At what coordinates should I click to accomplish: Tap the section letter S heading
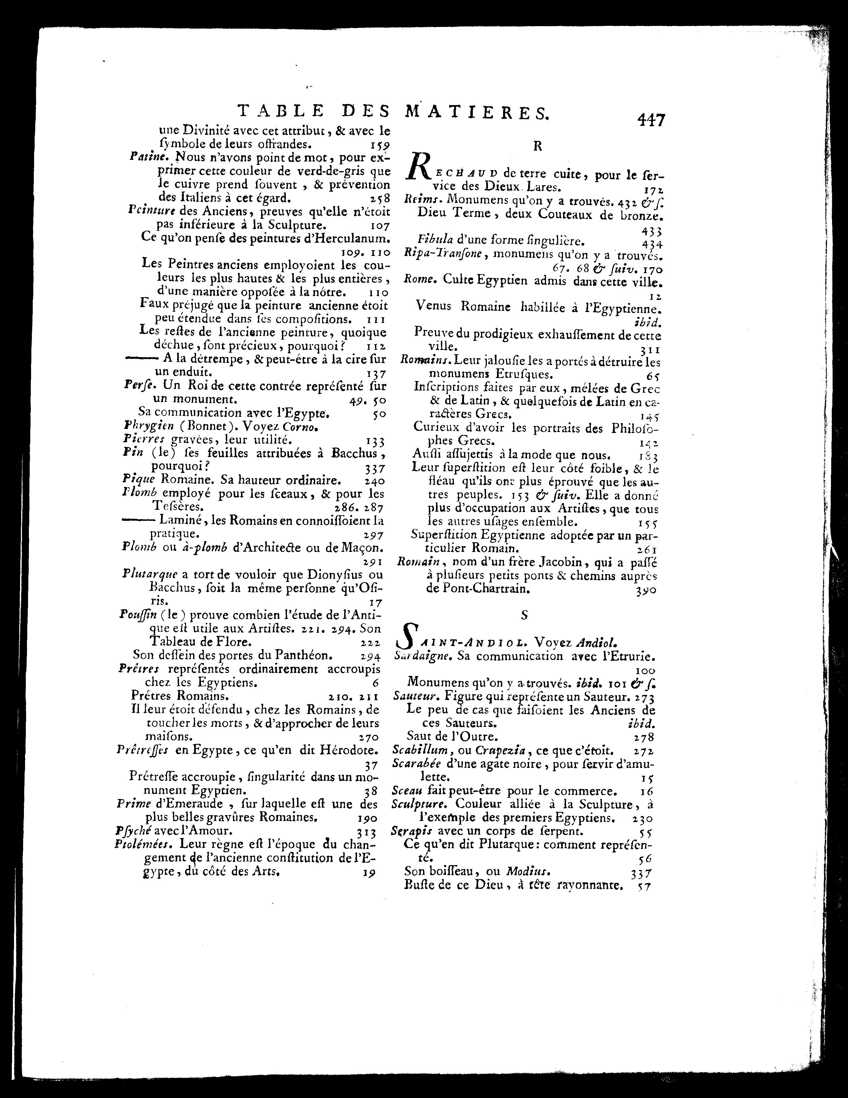tap(524, 614)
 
